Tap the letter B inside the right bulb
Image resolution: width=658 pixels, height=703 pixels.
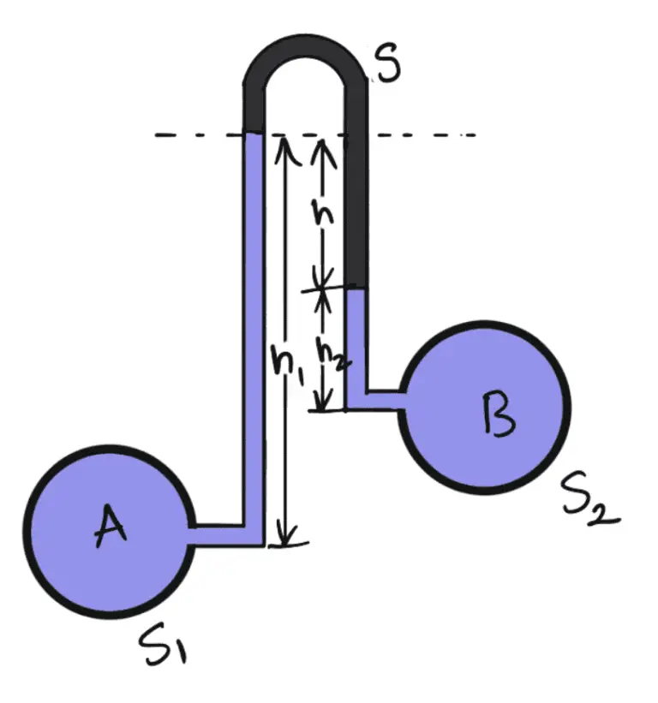click(x=498, y=414)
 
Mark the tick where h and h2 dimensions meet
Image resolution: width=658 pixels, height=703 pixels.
click(x=323, y=289)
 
